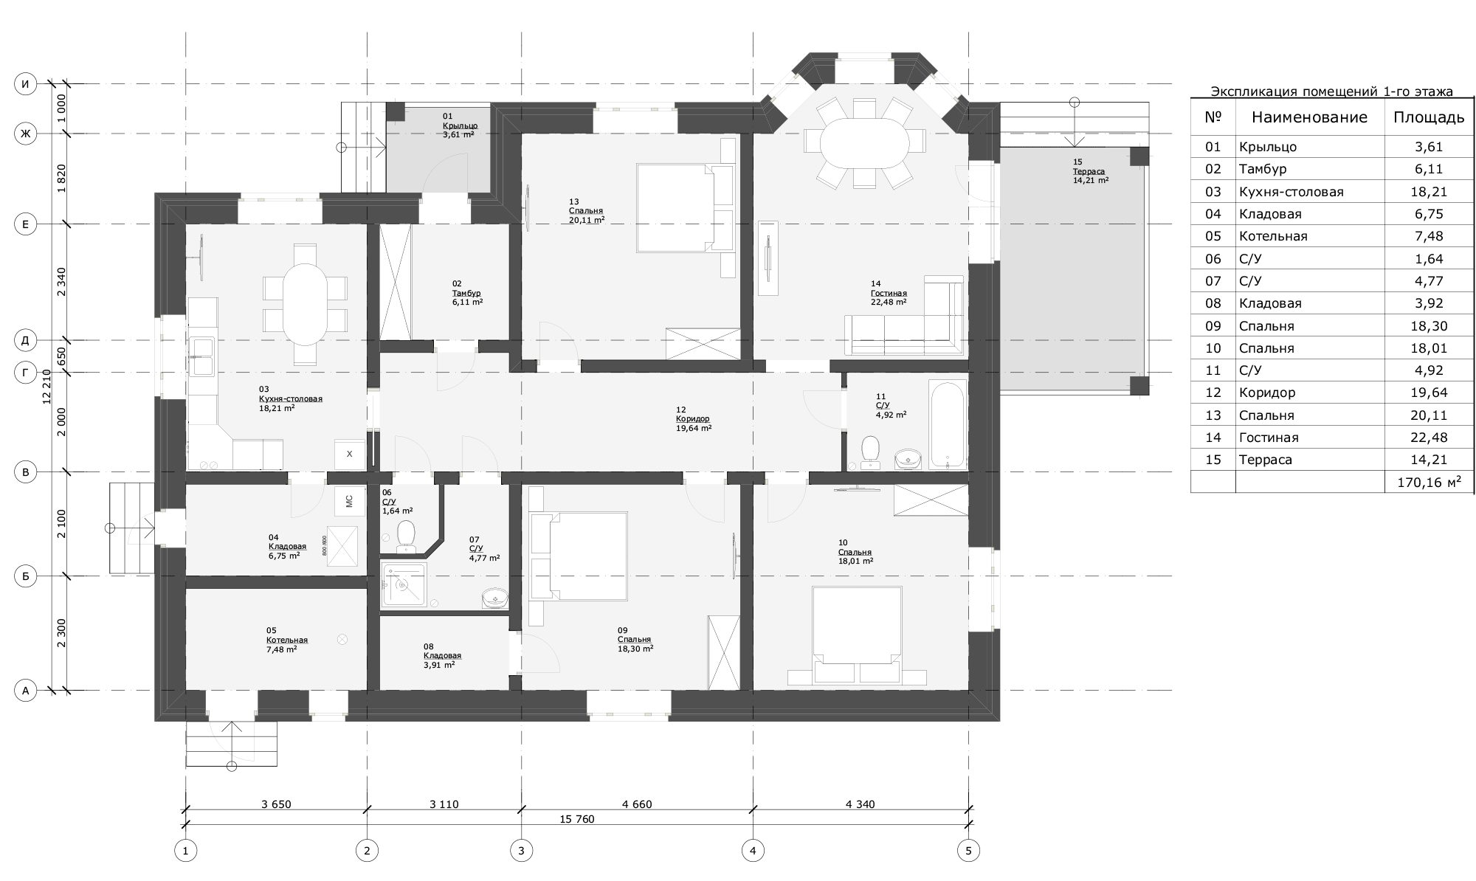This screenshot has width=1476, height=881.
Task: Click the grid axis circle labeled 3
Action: click(521, 851)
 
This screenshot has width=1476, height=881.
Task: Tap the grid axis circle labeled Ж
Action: click(26, 134)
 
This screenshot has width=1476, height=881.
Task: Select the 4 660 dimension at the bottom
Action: click(637, 804)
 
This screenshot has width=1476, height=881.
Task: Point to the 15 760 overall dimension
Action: click(577, 819)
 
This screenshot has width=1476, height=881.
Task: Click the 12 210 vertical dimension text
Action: click(47, 387)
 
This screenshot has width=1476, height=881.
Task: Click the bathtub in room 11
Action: click(947, 424)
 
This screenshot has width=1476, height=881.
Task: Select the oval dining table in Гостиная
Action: click(865, 142)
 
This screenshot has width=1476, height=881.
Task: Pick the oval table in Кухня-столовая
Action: click(305, 304)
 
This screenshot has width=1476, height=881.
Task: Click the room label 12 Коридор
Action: click(693, 418)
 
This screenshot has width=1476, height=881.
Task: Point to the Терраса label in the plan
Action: click(1089, 171)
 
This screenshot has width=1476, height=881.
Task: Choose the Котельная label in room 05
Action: click(287, 640)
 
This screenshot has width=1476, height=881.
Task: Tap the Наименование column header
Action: click(1309, 117)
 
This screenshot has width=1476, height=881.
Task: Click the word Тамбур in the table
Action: click(1263, 169)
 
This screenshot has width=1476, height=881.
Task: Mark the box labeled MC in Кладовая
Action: click(349, 500)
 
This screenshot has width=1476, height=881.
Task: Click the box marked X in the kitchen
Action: click(349, 454)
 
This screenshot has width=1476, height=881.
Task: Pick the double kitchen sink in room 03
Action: click(201, 356)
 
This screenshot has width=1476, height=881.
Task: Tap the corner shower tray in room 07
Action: click(403, 584)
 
